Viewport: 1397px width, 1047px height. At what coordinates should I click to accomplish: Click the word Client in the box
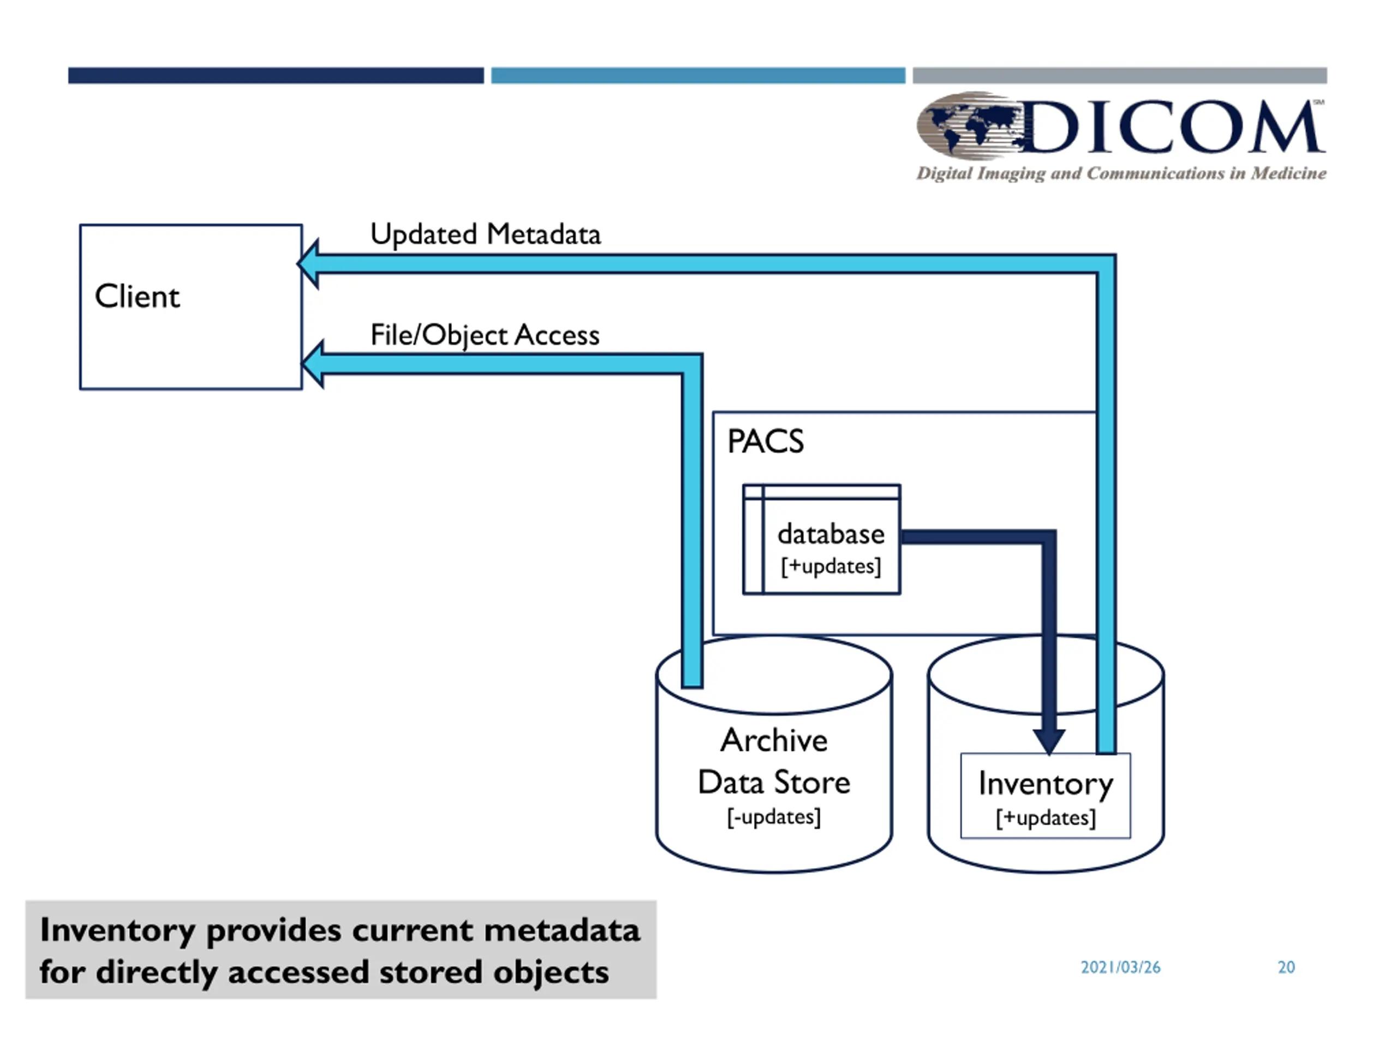tap(137, 296)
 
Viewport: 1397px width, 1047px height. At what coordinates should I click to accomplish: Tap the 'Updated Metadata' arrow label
tap(485, 234)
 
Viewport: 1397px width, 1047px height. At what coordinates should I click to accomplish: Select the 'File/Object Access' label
tap(485, 335)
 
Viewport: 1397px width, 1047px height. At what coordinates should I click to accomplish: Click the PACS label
tap(766, 441)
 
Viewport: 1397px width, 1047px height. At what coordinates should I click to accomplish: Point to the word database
tap(831, 534)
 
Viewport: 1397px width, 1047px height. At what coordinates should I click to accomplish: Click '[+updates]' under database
tap(831, 566)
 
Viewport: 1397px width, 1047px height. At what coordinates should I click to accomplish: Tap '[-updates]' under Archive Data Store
tap(774, 817)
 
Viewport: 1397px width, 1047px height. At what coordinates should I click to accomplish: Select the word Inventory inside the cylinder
tap(1046, 785)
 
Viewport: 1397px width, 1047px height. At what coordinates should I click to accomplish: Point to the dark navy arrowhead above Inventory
tap(1049, 742)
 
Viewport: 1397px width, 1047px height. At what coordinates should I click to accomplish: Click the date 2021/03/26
tap(1120, 967)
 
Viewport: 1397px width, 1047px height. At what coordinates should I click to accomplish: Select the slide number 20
tap(1286, 967)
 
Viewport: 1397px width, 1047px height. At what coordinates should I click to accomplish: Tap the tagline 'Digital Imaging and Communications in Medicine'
tap(1121, 173)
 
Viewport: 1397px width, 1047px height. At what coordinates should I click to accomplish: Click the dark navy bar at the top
tap(276, 76)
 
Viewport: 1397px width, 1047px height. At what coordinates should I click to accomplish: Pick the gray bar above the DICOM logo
tap(1120, 76)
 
